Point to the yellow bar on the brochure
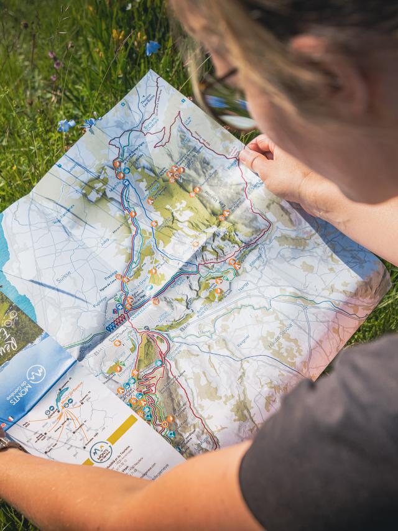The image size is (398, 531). point(123,430)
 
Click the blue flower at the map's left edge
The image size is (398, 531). point(67,125)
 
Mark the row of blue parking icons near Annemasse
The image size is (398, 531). point(116,323)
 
